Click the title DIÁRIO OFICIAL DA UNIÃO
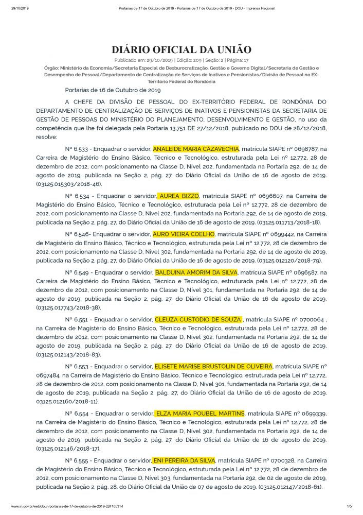181,50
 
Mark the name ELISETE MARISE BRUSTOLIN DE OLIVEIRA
213,366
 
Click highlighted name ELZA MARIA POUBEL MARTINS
199,414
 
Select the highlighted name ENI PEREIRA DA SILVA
184,459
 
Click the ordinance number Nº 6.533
77,148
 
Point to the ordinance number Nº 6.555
77,460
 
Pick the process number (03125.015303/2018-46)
69,183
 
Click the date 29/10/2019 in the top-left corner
19,9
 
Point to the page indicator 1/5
349,507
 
